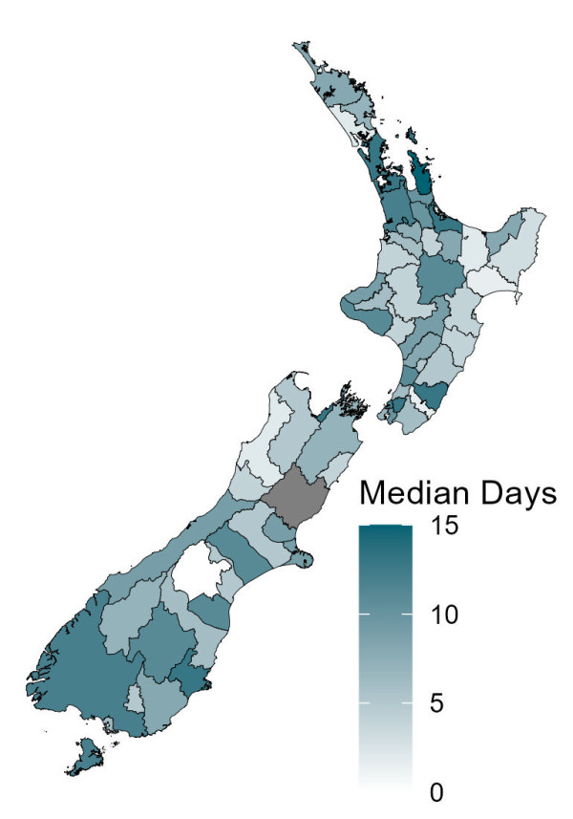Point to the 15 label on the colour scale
(x=443, y=527)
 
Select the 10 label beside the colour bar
(x=443, y=615)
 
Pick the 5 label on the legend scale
(x=435, y=704)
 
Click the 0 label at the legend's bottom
(x=435, y=792)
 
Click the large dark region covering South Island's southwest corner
(x=81, y=669)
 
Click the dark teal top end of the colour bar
(x=385, y=531)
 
